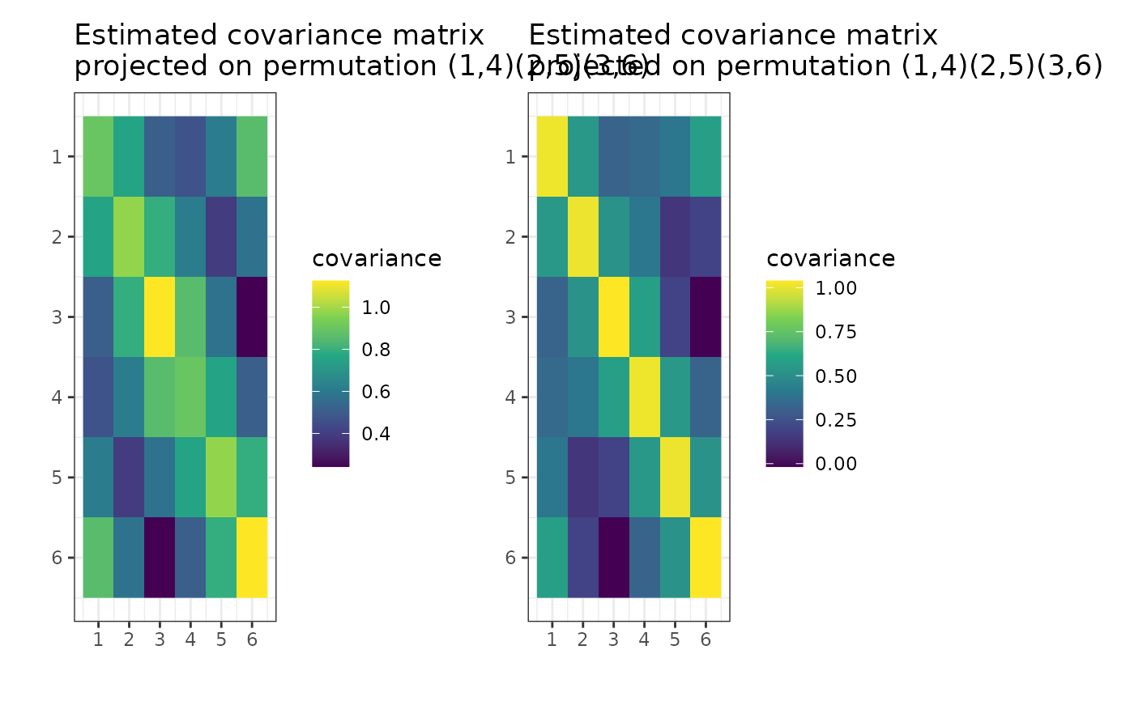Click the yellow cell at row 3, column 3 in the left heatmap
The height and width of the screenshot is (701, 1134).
(160, 317)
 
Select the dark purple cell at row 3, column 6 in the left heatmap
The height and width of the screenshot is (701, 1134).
(252, 317)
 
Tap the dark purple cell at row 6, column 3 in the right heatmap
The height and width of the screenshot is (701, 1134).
(613, 557)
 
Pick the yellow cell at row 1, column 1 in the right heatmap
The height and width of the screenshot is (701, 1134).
(552, 156)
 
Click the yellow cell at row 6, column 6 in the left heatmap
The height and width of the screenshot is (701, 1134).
(252, 557)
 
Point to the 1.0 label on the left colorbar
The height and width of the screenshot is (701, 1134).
(371, 308)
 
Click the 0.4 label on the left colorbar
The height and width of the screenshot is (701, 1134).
(371, 435)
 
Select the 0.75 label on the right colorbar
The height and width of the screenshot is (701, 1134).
(829, 333)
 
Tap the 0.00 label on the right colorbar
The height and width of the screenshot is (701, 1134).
(829, 464)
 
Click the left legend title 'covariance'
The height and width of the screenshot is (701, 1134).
(377, 259)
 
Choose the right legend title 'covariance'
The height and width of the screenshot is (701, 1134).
(830, 259)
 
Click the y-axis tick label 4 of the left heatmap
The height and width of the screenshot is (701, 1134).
(57, 397)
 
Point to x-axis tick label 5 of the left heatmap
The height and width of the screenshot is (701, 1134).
(221, 640)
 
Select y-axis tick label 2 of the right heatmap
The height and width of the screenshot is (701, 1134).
(510, 236)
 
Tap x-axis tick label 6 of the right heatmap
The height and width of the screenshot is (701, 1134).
(706, 640)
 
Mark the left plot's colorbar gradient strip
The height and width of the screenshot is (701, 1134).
(330, 373)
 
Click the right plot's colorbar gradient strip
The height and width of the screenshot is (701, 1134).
(784, 373)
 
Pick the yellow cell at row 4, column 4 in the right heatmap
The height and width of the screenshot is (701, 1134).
(644, 397)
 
